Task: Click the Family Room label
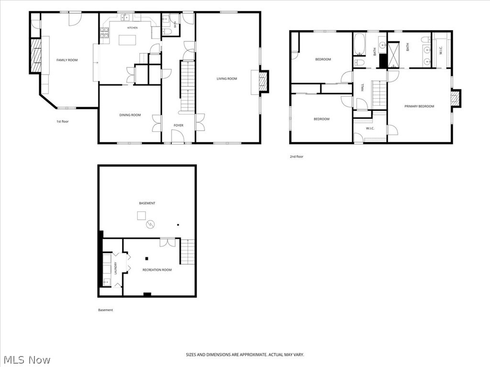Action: [x=67, y=60]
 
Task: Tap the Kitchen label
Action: [x=132, y=28]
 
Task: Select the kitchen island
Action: [x=127, y=40]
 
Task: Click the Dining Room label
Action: [x=130, y=115]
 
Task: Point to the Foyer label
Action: [x=178, y=126]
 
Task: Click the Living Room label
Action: [x=227, y=79]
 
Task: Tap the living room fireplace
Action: [x=264, y=81]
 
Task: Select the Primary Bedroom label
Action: [x=419, y=107]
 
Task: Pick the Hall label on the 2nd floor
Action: [x=363, y=87]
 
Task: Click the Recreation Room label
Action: [x=157, y=270]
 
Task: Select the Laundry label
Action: [x=115, y=268]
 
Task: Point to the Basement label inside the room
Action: [x=147, y=203]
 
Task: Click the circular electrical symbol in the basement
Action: [x=150, y=224]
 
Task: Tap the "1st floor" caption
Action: [x=63, y=121]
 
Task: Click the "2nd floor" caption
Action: [x=296, y=156]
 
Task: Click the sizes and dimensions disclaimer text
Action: [x=245, y=355]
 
